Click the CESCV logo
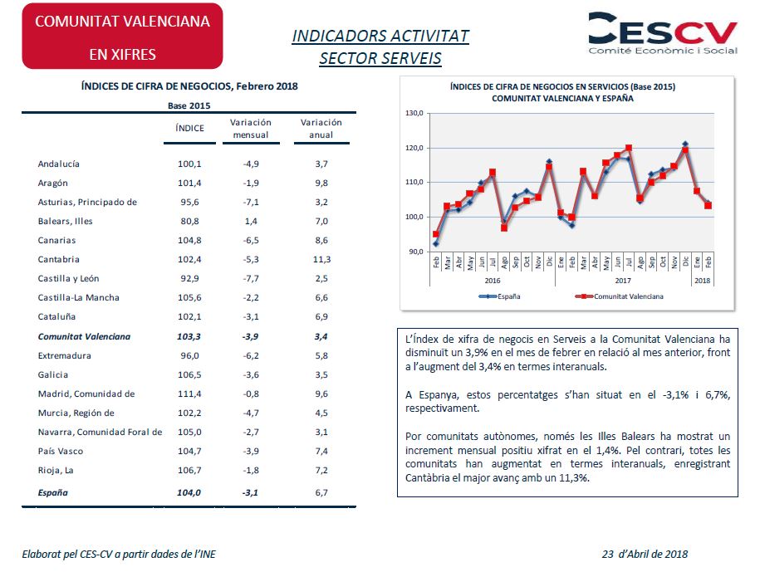(663, 33)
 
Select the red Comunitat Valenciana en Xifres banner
(122, 36)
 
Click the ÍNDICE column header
(189, 129)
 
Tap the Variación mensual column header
(251, 129)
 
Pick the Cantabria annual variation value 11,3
(321, 260)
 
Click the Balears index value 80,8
(189, 222)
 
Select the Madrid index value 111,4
(189, 394)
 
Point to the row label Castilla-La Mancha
(79, 298)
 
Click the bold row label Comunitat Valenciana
(84, 336)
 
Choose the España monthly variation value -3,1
(251, 493)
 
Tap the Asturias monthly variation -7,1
(251, 203)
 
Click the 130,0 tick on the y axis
(414, 114)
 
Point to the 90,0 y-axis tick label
(416, 252)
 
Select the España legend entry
(499, 296)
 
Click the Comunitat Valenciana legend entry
(619, 296)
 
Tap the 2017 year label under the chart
(623, 281)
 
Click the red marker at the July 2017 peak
(629, 149)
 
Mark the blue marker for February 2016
(436, 243)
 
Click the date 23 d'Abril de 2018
(645, 554)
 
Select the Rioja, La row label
(56, 471)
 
